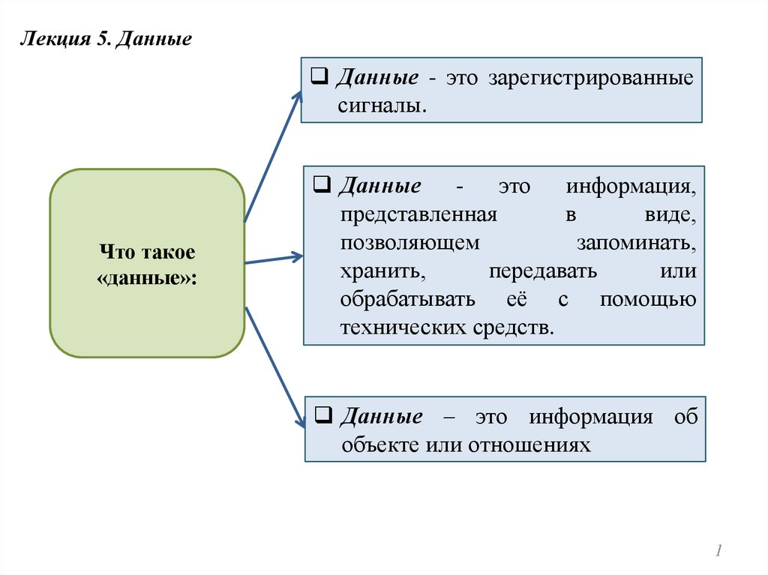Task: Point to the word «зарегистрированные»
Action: pos(591,79)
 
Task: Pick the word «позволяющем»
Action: pos(409,244)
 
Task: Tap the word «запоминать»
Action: pos(636,244)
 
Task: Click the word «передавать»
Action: pos(542,271)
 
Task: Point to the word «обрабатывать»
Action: pos(406,299)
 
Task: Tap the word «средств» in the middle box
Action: pos(513,327)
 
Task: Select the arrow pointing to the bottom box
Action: pos(275,367)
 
